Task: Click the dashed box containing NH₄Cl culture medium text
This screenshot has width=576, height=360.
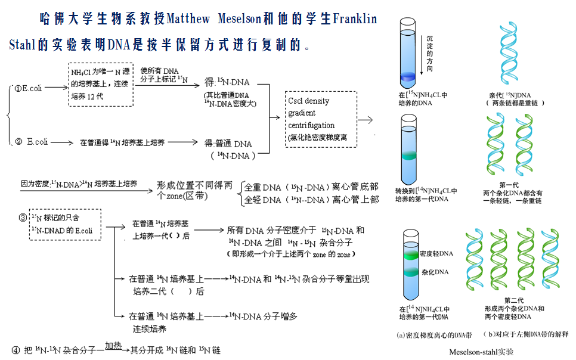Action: [x=99, y=84]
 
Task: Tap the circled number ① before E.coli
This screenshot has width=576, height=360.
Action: [x=17, y=88]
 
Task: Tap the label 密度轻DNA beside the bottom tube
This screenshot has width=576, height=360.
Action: [x=436, y=254]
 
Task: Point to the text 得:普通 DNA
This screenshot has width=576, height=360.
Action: [x=228, y=144]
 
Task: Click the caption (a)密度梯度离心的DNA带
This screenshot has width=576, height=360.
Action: [x=434, y=335]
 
